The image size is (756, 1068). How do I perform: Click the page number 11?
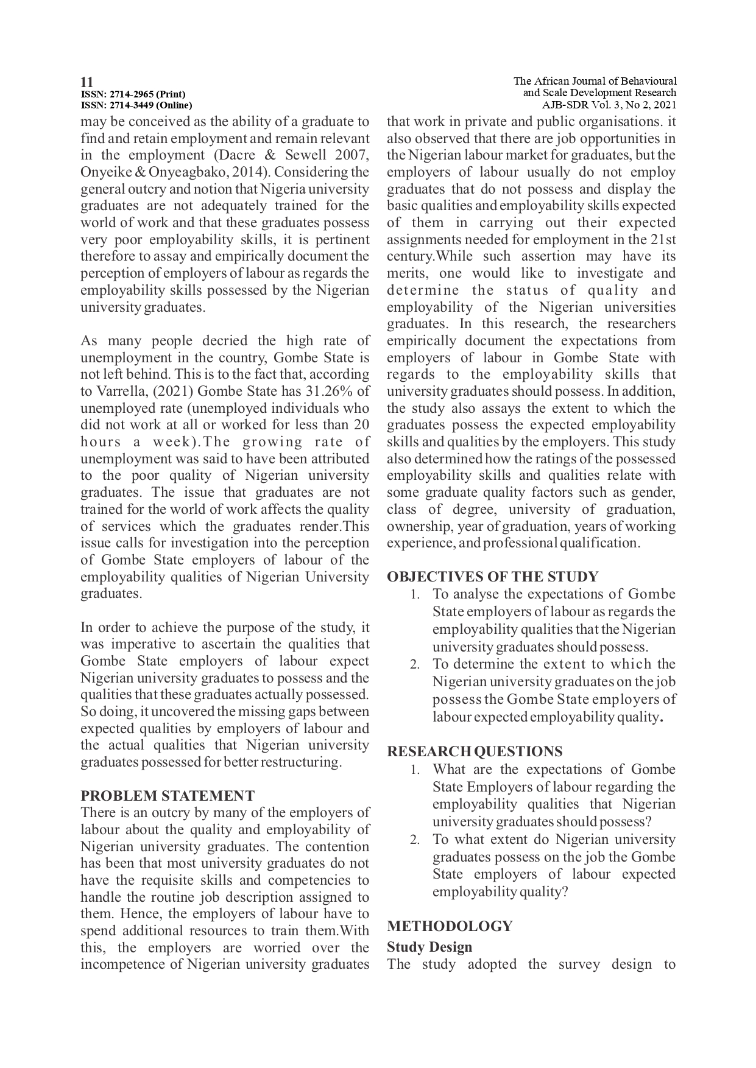87,82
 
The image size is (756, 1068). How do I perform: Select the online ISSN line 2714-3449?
136,105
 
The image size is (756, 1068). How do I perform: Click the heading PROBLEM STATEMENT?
168,796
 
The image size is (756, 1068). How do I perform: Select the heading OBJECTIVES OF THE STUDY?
493,577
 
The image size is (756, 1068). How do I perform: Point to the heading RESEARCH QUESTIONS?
475,751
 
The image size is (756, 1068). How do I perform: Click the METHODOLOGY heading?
450,926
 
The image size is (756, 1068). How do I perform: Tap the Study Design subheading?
429,947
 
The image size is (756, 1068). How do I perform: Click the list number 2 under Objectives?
414,665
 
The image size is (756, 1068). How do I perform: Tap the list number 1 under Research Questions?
414,770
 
